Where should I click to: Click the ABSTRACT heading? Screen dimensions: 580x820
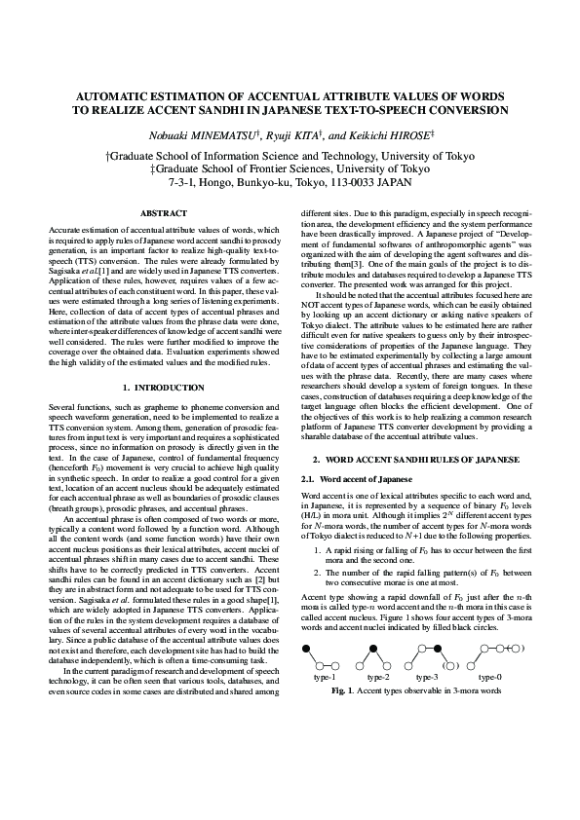click(163, 212)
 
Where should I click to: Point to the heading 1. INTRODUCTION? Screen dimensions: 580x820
click(163, 388)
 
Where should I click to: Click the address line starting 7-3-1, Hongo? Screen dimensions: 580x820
click(290, 181)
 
